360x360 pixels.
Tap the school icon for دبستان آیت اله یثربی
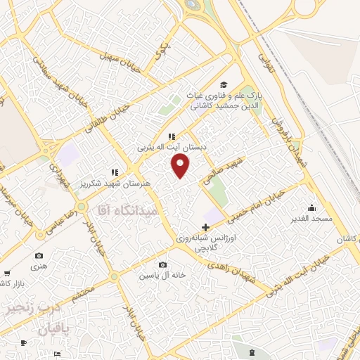[171, 136]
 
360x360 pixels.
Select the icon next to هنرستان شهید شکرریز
[114, 172]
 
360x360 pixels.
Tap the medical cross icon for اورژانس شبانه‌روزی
[205, 227]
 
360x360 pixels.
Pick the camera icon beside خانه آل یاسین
[163, 265]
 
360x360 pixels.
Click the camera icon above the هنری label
[39, 255]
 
